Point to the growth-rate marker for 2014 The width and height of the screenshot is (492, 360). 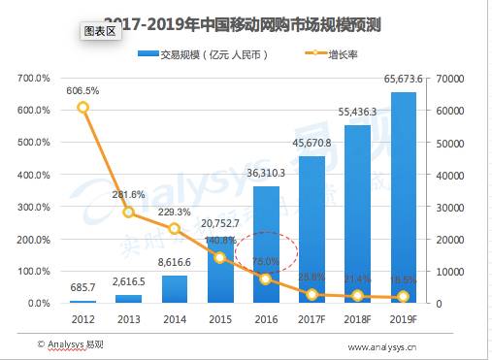click(x=174, y=229)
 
